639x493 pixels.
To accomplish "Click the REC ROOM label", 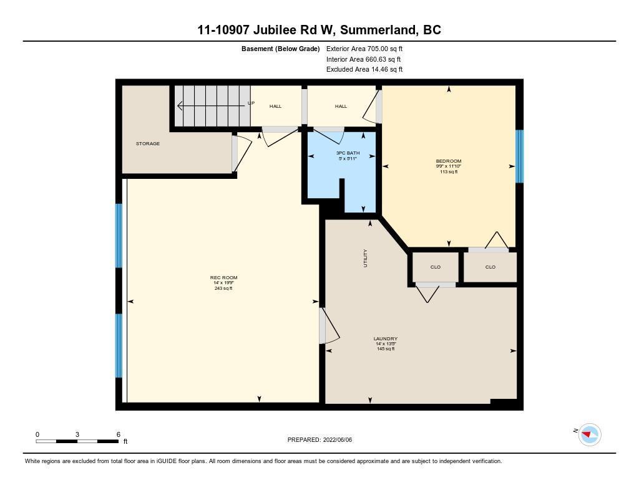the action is tap(224, 277).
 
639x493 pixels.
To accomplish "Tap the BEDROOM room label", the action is tap(448, 161).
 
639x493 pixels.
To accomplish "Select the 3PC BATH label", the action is tap(348, 153).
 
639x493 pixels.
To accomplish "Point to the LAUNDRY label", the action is tap(386, 338).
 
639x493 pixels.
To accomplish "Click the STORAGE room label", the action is tap(147, 144).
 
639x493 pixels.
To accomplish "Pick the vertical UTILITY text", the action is tap(365, 258).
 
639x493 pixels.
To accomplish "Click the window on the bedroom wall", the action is tap(520, 156).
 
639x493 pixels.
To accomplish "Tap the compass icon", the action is tap(590, 434).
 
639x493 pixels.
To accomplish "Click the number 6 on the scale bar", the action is tap(119, 434).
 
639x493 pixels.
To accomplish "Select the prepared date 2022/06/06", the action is tap(338, 439).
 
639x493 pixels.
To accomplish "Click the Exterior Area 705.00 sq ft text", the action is tap(364, 49).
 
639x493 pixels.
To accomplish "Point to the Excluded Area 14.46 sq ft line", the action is tap(364, 69).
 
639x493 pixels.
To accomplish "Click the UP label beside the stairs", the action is tap(251, 103).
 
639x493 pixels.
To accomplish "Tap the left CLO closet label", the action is tap(435, 267).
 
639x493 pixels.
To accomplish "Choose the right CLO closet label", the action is tap(490, 267).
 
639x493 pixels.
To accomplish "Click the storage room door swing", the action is tap(242, 154).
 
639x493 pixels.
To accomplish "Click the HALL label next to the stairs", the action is tap(275, 106).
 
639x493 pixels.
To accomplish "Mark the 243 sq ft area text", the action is tap(223, 288).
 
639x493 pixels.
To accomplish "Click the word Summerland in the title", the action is tap(379, 30).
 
